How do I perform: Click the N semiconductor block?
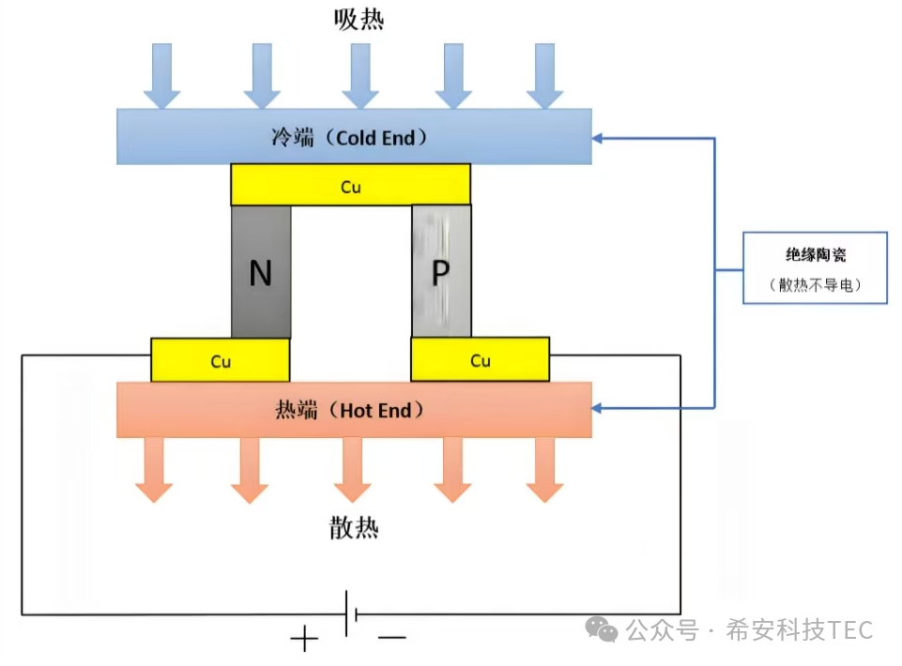click(x=261, y=272)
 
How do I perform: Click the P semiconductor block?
click(x=441, y=272)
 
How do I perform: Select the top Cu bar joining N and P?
click(x=350, y=186)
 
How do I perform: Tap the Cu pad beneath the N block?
click(x=220, y=360)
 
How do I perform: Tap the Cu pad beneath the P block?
click(x=480, y=360)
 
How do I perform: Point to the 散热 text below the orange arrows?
click(x=354, y=528)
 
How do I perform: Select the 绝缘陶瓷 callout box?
click(x=815, y=267)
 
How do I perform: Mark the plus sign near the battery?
click(x=304, y=640)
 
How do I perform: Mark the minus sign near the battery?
click(x=391, y=639)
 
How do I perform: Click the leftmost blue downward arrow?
click(x=161, y=75)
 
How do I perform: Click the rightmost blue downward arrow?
click(x=544, y=75)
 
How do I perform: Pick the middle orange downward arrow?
click(x=353, y=469)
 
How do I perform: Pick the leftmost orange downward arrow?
click(x=153, y=469)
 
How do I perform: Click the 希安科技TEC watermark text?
click(x=798, y=629)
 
